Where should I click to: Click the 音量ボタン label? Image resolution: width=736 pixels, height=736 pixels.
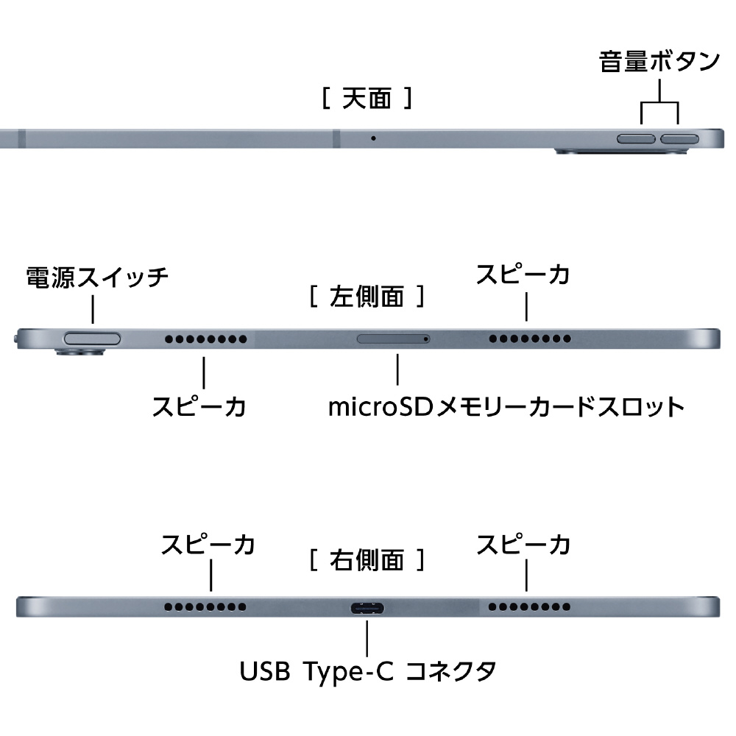click(659, 62)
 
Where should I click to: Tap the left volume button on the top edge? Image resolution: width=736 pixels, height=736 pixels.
click(637, 138)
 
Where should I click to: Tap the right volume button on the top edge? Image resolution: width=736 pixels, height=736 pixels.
click(680, 138)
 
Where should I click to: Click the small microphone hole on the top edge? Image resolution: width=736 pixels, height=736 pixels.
click(373, 138)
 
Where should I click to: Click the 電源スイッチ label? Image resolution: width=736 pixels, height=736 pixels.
click(97, 277)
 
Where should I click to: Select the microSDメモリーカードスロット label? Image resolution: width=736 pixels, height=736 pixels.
click(506, 406)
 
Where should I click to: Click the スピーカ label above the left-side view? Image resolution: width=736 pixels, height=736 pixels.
click(523, 275)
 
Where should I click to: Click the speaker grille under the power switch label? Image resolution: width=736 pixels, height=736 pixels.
click(205, 339)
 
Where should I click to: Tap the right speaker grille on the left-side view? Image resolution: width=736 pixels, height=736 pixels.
click(530, 339)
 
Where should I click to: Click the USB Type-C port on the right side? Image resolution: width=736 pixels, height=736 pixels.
click(366, 608)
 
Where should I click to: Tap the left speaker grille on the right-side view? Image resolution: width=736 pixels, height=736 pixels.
click(205, 608)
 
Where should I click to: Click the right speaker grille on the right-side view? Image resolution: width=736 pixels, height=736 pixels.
click(530, 608)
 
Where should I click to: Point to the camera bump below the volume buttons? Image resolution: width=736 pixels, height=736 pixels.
click(623, 152)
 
